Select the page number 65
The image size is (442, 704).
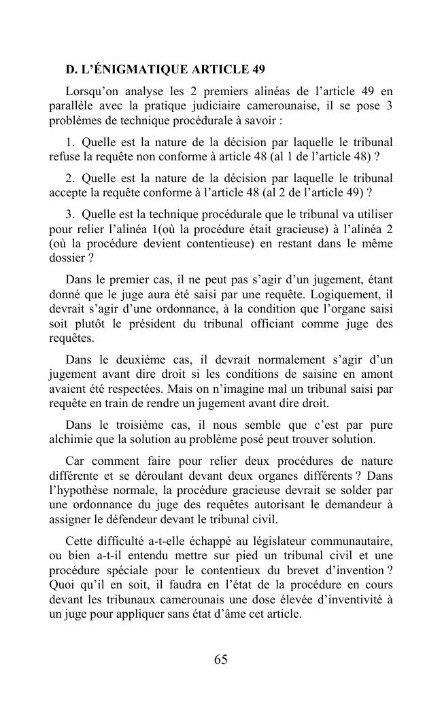[x=220, y=659]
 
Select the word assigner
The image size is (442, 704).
[x=71, y=520]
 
